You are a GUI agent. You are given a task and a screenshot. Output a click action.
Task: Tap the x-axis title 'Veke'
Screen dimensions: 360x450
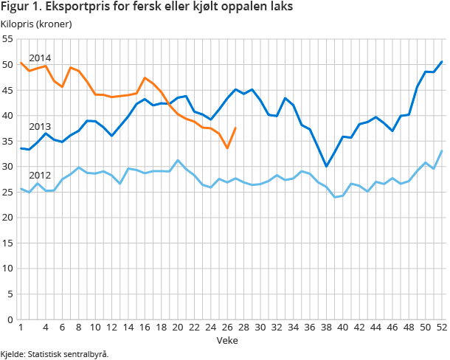coord(227,341)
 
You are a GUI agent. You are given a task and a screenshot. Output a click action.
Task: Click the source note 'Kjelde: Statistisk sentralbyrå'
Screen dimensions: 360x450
coord(55,354)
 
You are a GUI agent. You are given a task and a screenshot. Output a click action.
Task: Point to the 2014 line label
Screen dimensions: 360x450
coord(39,58)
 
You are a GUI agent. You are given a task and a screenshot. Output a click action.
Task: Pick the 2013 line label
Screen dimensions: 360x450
coord(39,127)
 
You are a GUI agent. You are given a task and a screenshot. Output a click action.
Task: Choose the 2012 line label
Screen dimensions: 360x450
coord(39,176)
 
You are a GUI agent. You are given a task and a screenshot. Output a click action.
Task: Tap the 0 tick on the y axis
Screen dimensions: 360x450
coord(10,319)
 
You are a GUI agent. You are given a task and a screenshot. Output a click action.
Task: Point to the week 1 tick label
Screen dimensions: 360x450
coord(21,328)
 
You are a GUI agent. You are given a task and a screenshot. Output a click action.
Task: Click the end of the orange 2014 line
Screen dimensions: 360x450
coord(235,128)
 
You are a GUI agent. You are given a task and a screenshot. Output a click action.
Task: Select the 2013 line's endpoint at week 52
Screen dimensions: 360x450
coord(442,61)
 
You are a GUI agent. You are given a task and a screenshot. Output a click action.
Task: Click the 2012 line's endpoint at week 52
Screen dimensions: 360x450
coord(442,150)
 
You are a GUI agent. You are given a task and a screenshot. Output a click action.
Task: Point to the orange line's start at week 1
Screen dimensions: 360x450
coord(21,63)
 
